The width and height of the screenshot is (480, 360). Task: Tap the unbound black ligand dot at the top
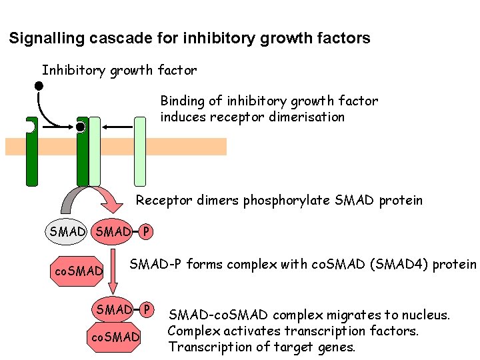(39, 85)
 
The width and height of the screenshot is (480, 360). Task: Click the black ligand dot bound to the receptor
(81, 127)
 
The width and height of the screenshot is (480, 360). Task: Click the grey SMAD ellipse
(67, 232)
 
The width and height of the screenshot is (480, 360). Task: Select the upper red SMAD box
(113, 232)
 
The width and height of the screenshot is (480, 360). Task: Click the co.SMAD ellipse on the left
(79, 271)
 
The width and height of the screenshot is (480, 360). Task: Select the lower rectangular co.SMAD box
(114, 337)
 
